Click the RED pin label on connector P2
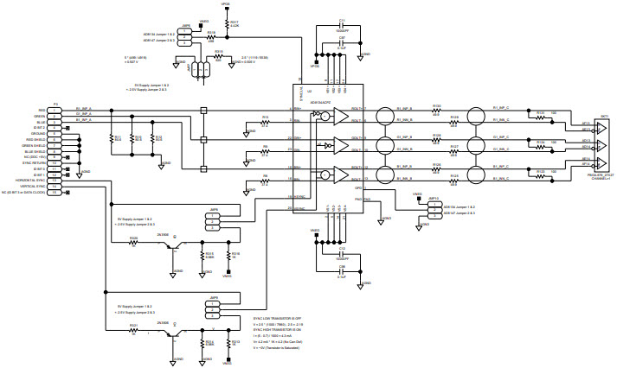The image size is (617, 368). (42, 111)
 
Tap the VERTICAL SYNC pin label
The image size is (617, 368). (34, 186)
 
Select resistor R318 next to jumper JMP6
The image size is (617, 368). (210, 36)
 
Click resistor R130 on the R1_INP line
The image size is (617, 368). (437, 111)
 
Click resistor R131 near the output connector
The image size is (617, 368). (540, 115)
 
